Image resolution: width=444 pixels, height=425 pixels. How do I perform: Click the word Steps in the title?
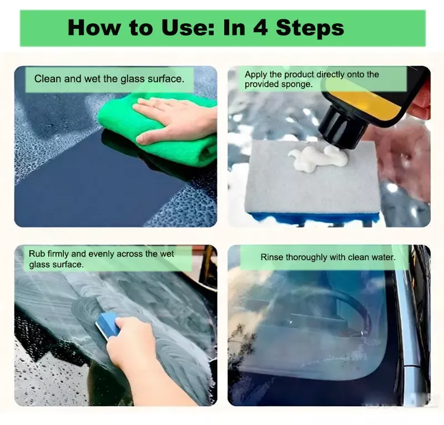point(310,28)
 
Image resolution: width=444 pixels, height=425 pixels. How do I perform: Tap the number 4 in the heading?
point(260,28)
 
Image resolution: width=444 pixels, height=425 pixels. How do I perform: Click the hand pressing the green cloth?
point(175,119)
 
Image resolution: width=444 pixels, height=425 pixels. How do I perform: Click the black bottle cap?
point(343,128)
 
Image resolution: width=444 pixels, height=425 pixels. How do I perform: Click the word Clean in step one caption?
point(48,79)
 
